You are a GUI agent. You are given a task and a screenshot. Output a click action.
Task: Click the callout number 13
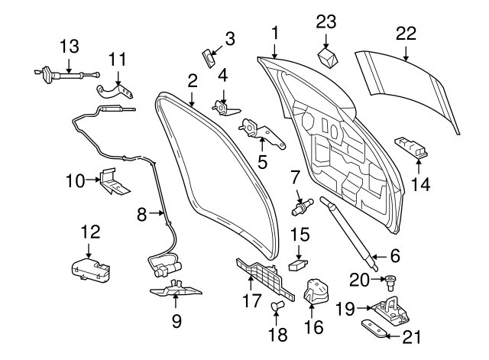[x=70, y=46]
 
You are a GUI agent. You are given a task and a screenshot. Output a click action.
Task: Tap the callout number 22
[x=406, y=34]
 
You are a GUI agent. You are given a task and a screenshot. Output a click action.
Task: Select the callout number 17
[x=251, y=300]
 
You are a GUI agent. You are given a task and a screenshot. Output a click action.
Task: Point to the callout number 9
[x=176, y=321]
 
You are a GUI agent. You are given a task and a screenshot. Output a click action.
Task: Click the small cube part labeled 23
[x=328, y=57]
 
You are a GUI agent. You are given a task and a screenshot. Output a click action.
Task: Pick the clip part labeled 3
[x=209, y=58]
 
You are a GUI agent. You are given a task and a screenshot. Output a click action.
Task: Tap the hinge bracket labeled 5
[x=261, y=132]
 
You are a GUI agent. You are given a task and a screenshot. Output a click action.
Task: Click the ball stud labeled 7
[x=302, y=207]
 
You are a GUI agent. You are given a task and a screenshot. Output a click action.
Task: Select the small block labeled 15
[x=298, y=264]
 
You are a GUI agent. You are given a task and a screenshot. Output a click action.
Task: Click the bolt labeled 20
[x=389, y=282]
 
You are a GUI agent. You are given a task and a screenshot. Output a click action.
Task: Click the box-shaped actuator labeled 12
[x=90, y=269]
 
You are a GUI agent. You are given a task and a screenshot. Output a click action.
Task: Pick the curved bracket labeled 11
[x=115, y=92]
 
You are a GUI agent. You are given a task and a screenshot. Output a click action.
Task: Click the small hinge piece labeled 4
[x=225, y=108]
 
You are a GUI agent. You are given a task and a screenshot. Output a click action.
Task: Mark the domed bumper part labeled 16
[x=316, y=291]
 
